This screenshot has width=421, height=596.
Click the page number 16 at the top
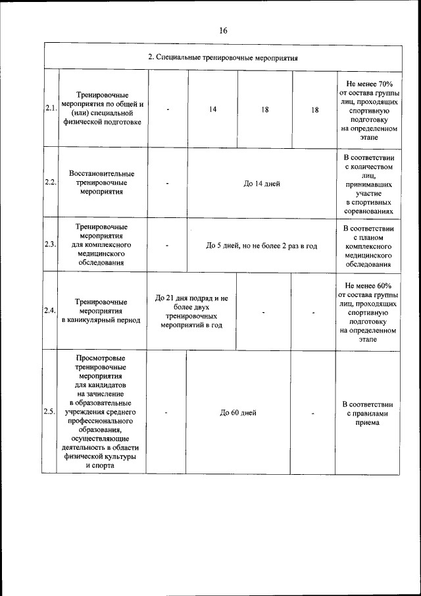[223, 30]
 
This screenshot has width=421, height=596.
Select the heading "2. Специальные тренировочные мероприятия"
[223, 57]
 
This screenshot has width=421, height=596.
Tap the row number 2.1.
[51, 109]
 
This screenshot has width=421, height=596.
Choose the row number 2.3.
[51, 244]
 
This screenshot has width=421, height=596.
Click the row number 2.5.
[49, 412]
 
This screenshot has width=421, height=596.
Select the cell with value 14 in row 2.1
[212, 110]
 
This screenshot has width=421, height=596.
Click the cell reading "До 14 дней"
[262, 183]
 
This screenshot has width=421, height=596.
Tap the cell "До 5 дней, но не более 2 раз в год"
[262, 246]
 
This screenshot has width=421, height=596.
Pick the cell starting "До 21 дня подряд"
[191, 311]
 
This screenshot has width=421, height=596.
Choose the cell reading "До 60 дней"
[238, 412]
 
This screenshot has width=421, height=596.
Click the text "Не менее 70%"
[368, 83]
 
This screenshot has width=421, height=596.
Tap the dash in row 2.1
[168, 110]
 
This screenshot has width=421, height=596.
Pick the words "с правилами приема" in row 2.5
[368, 418]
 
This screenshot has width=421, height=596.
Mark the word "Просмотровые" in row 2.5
[101, 359]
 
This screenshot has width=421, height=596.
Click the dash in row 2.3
[168, 246]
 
